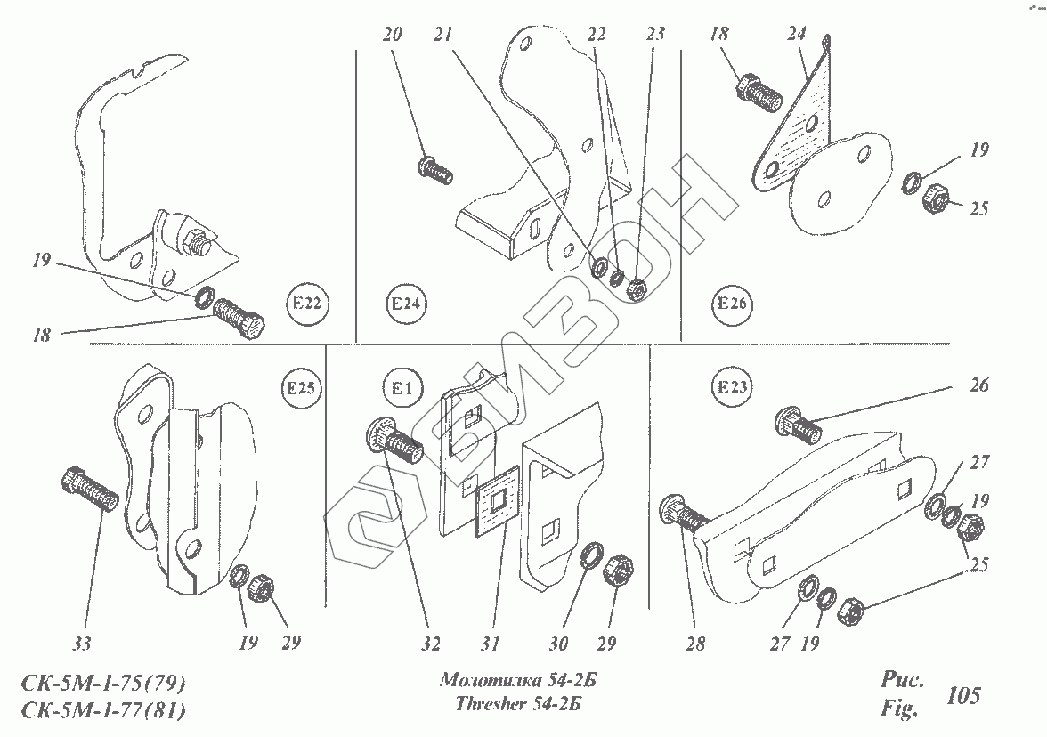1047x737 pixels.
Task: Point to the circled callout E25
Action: pyautogui.click(x=303, y=388)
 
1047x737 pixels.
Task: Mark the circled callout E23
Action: pyautogui.click(x=731, y=388)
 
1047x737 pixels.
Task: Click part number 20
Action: pyautogui.click(x=393, y=36)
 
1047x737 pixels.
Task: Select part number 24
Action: pyautogui.click(x=796, y=36)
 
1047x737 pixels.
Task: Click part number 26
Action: pyautogui.click(x=979, y=387)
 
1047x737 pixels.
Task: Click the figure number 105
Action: pyautogui.click(x=964, y=694)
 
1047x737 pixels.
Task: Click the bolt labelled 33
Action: pyautogui.click(x=90, y=490)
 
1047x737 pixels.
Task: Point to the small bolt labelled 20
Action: pyautogui.click(x=434, y=166)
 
